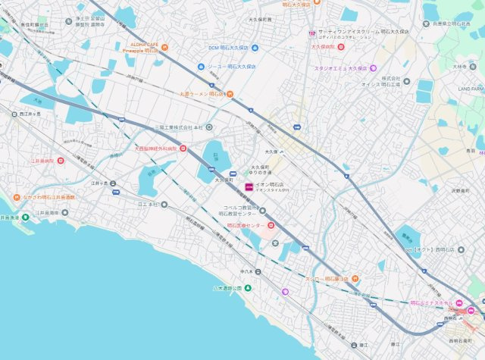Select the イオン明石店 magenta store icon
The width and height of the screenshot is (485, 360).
(249, 186)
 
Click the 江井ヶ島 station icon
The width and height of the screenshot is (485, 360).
(115, 193)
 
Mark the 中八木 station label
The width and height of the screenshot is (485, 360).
(246, 271)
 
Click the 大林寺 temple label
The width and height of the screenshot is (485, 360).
(458, 67)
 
